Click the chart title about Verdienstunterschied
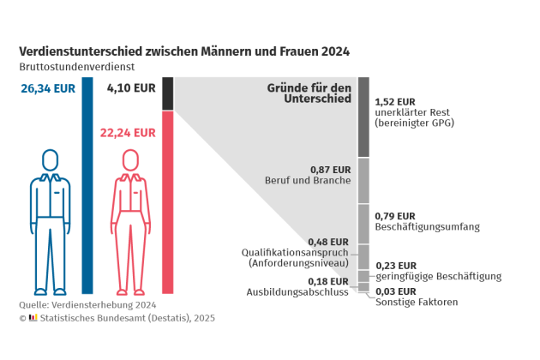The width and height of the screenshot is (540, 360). (x=183, y=51)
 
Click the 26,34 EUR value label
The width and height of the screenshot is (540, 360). (x=47, y=87)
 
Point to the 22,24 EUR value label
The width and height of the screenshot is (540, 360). (x=128, y=133)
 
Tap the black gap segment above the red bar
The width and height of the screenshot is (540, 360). (x=167, y=93)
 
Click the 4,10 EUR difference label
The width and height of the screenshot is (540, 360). (x=130, y=87)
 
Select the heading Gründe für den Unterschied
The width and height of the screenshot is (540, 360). (x=309, y=93)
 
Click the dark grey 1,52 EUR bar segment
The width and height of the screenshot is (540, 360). (x=363, y=117)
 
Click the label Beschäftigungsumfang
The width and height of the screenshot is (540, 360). (x=427, y=227)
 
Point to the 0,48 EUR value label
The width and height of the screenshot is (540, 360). (x=328, y=241)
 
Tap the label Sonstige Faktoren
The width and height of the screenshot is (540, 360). (x=417, y=302)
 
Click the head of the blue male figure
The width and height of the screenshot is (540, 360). (x=51, y=160)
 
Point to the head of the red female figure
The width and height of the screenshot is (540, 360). (x=130, y=160)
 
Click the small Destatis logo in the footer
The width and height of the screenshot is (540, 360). (x=33, y=318)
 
